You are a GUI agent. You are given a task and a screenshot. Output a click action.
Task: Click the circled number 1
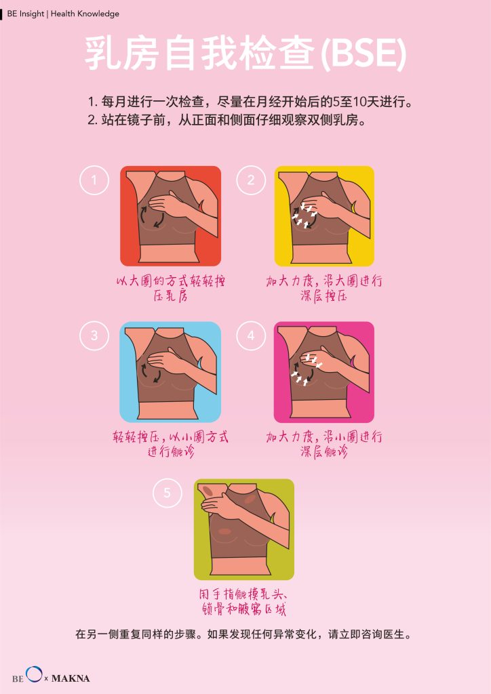(94, 180)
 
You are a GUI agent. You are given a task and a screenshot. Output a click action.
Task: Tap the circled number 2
(251, 180)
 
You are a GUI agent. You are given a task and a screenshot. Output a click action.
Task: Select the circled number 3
(94, 335)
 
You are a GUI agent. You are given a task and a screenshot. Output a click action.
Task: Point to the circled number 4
(251, 335)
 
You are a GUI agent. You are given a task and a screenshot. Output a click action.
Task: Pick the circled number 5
(167, 493)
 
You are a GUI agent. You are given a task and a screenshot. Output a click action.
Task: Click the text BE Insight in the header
(26, 14)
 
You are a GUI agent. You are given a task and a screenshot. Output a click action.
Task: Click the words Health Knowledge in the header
(85, 14)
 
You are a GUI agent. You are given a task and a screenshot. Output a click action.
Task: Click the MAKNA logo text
(71, 678)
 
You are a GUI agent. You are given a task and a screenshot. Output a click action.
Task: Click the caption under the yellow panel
(324, 288)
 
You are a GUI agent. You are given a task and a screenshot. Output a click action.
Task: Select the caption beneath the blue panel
(170, 444)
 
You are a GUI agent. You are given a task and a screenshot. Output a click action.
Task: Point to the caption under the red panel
(170, 288)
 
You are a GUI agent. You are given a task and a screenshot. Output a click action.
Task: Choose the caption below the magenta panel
(324, 444)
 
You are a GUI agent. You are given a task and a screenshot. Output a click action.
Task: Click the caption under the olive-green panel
(243, 601)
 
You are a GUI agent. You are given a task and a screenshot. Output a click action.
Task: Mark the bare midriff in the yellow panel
(323, 255)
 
